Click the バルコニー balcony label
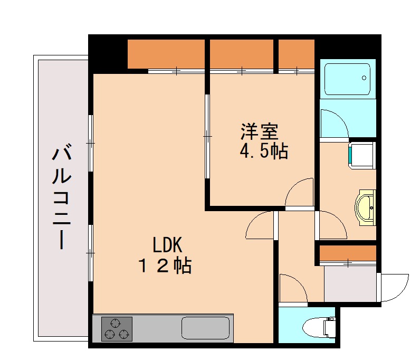tap(61, 196)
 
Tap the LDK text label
tap(167, 245)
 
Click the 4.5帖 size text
tap(263, 152)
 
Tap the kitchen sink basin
tap(206, 328)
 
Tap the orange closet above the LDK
tap(166, 53)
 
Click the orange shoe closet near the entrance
tap(348, 253)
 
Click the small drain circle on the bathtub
tap(364, 78)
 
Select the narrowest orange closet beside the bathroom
tap(296, 53)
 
